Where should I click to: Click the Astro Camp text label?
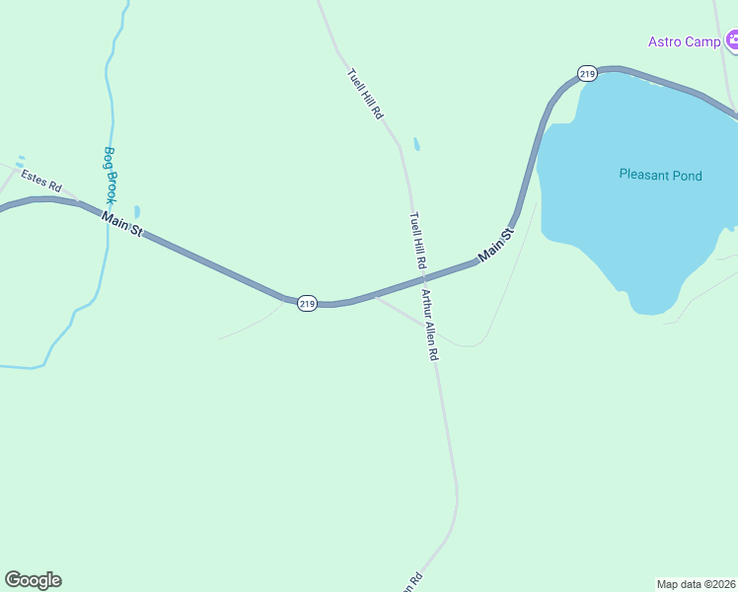pyautogui.click(x=684, y=41)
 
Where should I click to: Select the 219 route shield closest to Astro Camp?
pyautogui.click(x=588, y=74)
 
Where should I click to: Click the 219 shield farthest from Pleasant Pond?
pyautogui.click(x=307, y=304)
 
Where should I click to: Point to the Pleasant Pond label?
pyautogui.click(x=660, y=176)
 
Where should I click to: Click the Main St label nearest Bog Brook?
pyautogui.click(x=123, y=223)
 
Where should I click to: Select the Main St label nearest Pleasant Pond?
pyautogui.click(x=496, y=245)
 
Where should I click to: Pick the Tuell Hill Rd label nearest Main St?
pyautogui.click(x=416, y=241)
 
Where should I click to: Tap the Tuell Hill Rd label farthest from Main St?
pyautogui.click(x=364, y=95)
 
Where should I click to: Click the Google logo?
pyautogui.click(x=33, y=580)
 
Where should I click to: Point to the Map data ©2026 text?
pyautogui.click(x=697, y=583)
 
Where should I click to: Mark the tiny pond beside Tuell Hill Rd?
pyautogui.click(x=416, y=145)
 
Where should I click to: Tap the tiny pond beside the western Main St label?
pyautogui.click(x=136, y=211)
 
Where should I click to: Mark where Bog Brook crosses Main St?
pyautogui.click(x=107, y=215)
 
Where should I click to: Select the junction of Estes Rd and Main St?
pyautogui.click(x=79, y=202)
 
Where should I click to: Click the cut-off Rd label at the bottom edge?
pyautogui.click(x=412, y=582)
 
